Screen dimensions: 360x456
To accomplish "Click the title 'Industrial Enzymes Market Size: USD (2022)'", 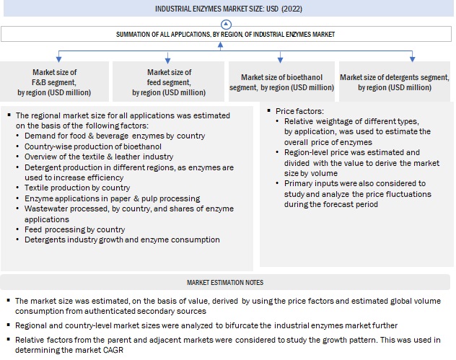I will [x=227, y=9].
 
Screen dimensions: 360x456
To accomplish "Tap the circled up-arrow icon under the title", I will [x=227, y=24].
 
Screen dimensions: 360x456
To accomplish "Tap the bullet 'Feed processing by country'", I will [x=75, y=229].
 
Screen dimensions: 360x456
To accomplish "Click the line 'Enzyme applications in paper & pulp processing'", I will [x=112, y=198].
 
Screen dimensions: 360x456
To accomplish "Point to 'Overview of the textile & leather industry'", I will [x=93, y=157].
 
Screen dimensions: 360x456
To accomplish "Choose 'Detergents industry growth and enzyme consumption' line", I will [x=122, y=240].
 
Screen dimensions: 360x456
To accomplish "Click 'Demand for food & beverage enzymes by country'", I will [x=114, y=136].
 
